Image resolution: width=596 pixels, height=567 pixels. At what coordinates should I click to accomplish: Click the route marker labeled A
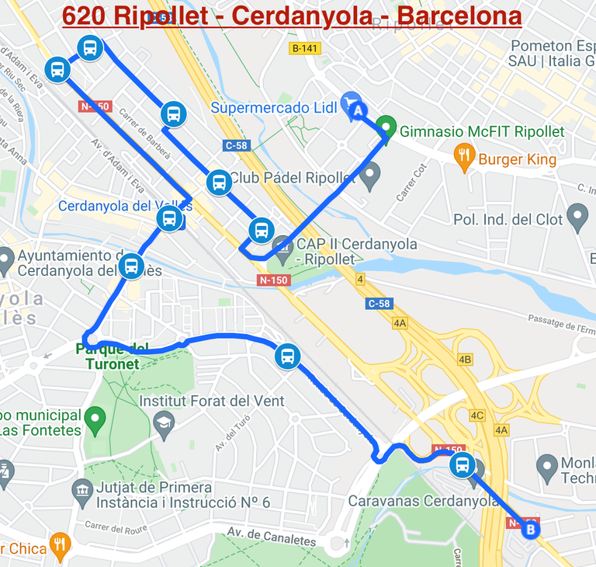358,111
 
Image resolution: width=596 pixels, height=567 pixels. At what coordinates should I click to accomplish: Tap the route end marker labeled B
531,530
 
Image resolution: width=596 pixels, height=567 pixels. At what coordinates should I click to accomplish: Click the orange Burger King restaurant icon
465,158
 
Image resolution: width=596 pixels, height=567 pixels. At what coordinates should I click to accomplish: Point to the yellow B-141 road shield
305,48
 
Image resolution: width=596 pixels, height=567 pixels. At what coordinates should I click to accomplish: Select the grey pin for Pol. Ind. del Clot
577,217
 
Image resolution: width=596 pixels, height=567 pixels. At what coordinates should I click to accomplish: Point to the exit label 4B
465,360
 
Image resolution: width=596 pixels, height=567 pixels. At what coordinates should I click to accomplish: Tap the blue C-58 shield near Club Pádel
236,145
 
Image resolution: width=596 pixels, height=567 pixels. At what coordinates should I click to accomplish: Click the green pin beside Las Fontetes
95,420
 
